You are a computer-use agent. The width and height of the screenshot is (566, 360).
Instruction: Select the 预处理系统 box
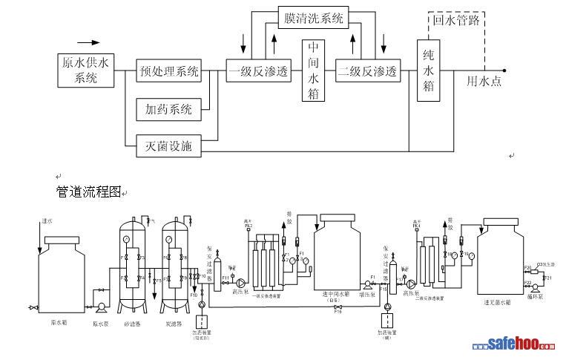[169, 72]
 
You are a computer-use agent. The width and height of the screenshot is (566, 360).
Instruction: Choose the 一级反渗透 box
[259, 72]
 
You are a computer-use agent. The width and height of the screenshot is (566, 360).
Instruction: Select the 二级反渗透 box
[368, 72]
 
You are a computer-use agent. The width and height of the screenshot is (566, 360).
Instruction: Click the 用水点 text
[484, 81]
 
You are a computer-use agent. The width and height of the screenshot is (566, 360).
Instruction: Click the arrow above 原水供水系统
[88, 42]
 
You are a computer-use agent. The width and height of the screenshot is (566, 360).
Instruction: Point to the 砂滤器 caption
[134, 324]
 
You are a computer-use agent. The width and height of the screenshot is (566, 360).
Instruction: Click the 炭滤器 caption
[176, 324]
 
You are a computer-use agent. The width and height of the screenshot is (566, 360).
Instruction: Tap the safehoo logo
[515, 346]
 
